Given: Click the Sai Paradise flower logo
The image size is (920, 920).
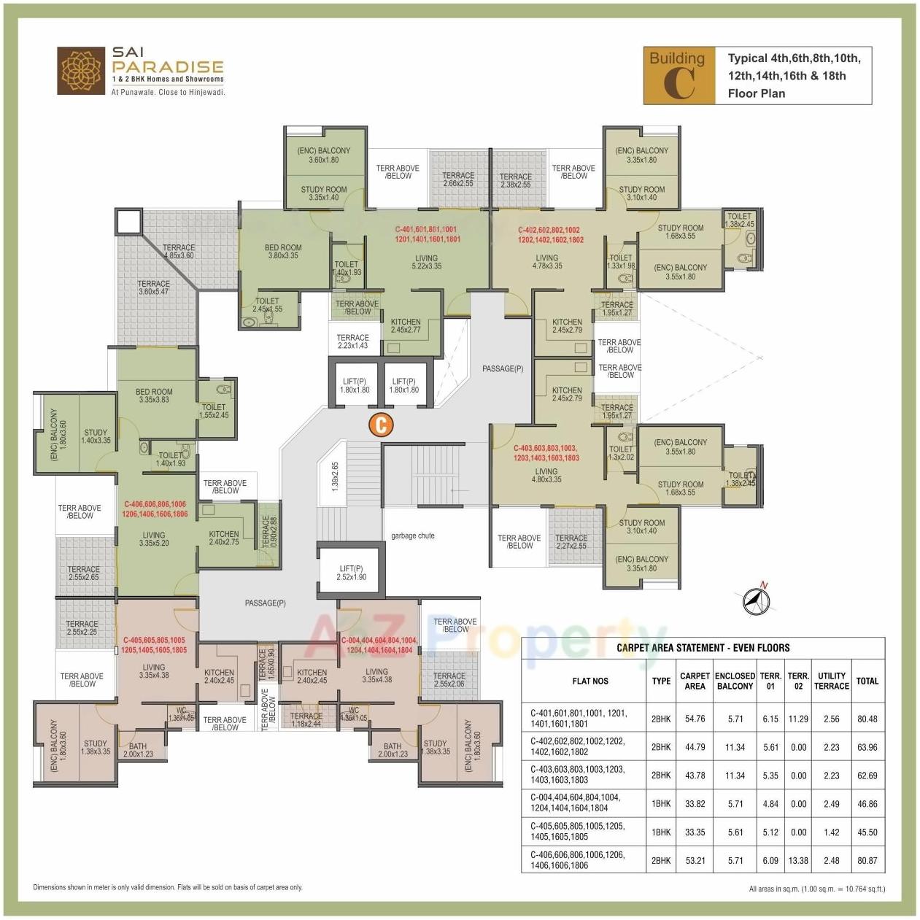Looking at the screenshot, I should (82, 71).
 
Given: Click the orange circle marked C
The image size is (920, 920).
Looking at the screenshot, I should (381, 425).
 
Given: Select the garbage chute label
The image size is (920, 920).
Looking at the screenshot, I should (412, 536).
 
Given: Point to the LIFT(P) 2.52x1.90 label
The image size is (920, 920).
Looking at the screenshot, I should (352, 573).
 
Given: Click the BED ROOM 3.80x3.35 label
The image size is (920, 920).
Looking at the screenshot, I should (283, 252).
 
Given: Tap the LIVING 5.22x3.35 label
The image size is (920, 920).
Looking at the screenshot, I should (426, 262).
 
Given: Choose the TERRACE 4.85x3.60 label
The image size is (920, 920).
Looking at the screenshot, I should (179, 252).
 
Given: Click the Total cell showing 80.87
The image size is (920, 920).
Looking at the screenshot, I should (867, 860).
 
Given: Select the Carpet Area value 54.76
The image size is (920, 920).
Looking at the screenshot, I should (695, 719).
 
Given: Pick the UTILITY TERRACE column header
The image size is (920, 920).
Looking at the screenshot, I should (831, 681).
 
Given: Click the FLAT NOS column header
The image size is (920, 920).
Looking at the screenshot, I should (590, 681).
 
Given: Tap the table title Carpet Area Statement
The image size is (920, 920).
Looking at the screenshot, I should (703, 648).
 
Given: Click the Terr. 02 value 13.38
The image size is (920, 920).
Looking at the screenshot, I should (798, 860).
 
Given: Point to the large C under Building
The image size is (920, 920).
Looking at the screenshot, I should (679, 85).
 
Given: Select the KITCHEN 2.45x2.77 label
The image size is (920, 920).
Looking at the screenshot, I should (406, 325).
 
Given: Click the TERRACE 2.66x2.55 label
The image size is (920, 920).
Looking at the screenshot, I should (458, 179).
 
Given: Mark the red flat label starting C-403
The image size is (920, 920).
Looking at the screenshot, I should (546, 453).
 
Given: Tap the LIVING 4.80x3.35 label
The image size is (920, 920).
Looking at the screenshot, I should (546, 475).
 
